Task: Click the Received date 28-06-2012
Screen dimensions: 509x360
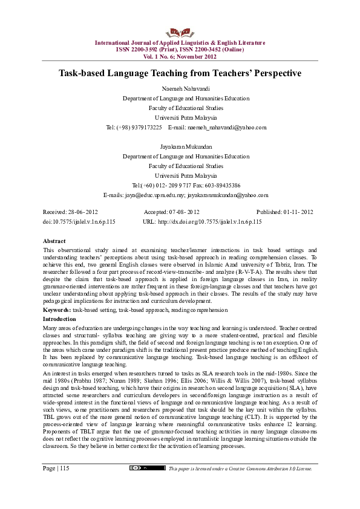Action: [83, 212]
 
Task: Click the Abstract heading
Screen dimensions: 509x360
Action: [54, 241]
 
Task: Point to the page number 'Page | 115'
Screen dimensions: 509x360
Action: [56, 485]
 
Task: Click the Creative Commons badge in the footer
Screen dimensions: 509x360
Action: [148, 485]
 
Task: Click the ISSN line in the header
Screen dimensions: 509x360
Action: [180, 49]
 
